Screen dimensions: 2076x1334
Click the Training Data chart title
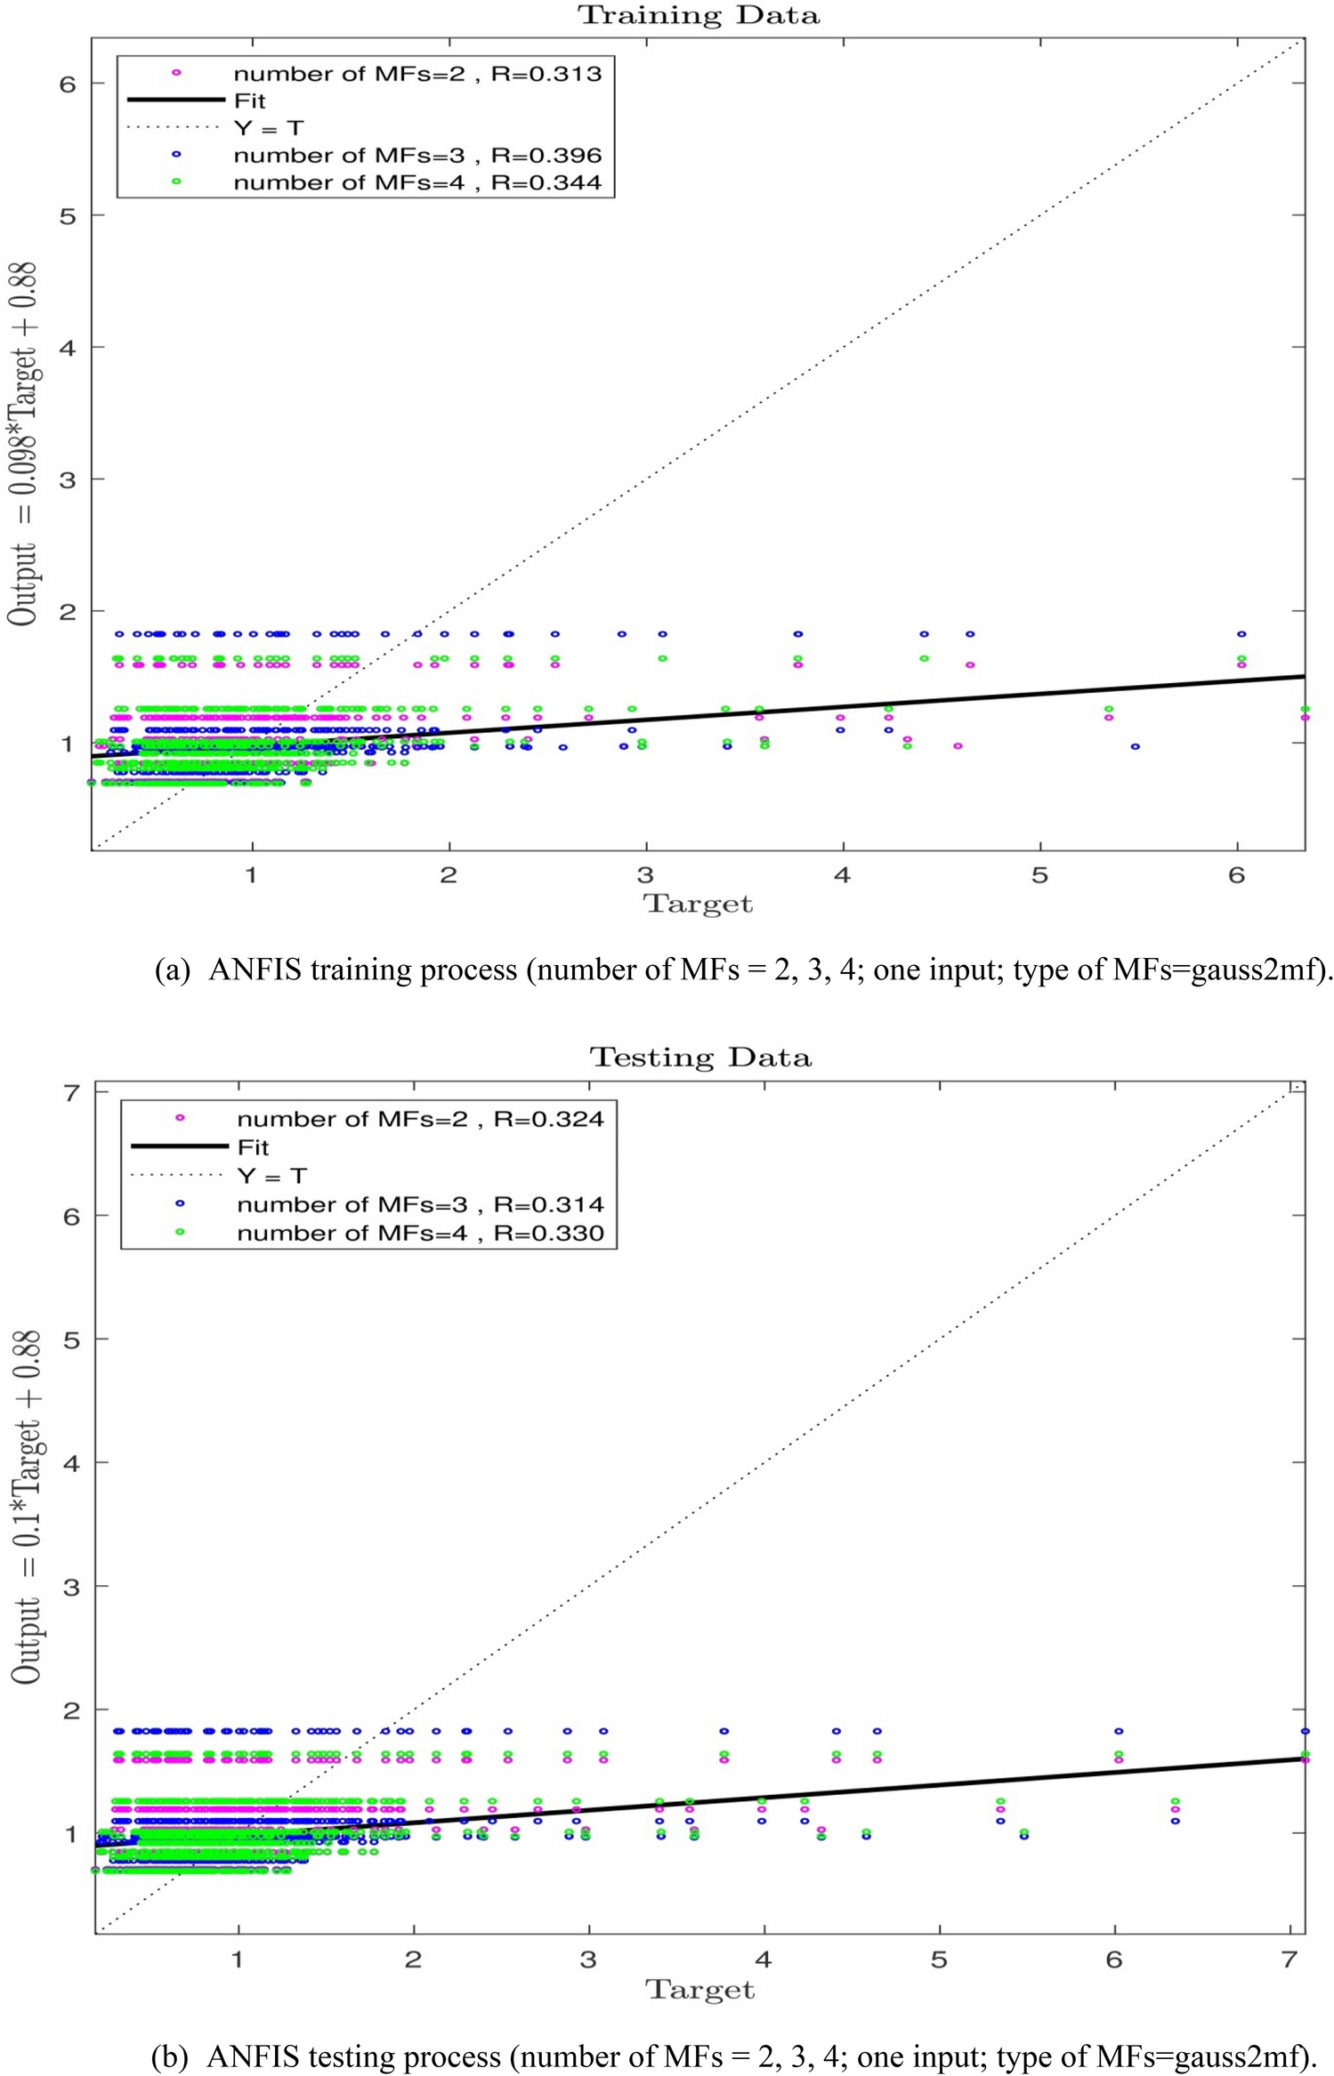tap(699, 16)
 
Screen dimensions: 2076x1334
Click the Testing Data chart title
tap(700, 1058)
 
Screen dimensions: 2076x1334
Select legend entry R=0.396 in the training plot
tap(416, 156)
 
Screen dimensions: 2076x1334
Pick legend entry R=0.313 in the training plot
tap(416, 74)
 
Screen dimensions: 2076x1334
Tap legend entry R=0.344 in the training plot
tap(416, 183)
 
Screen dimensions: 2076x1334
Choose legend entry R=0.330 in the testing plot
tap(419, 1234)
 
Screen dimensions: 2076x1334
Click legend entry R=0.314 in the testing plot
tap(419, 1205)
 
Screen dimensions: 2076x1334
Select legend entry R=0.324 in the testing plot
tap(419, 1119)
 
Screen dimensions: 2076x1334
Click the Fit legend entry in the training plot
tap(249, 101)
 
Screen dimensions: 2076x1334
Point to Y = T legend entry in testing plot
tap(271, 1176)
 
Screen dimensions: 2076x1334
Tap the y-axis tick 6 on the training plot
tap(68, 84)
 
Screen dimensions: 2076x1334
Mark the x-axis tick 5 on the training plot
tap(1039, 876)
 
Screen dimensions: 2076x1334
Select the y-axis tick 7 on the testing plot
tap(71, 1092)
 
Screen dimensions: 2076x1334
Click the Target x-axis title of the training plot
tap(698, 904)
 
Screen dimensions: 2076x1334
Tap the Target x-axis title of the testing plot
tap(700, 1990)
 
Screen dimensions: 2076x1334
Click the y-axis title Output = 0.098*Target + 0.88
tap(24, 445)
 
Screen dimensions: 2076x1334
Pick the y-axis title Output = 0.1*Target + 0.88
tap(27, 1507)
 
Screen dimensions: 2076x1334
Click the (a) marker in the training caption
tap(172, 970)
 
